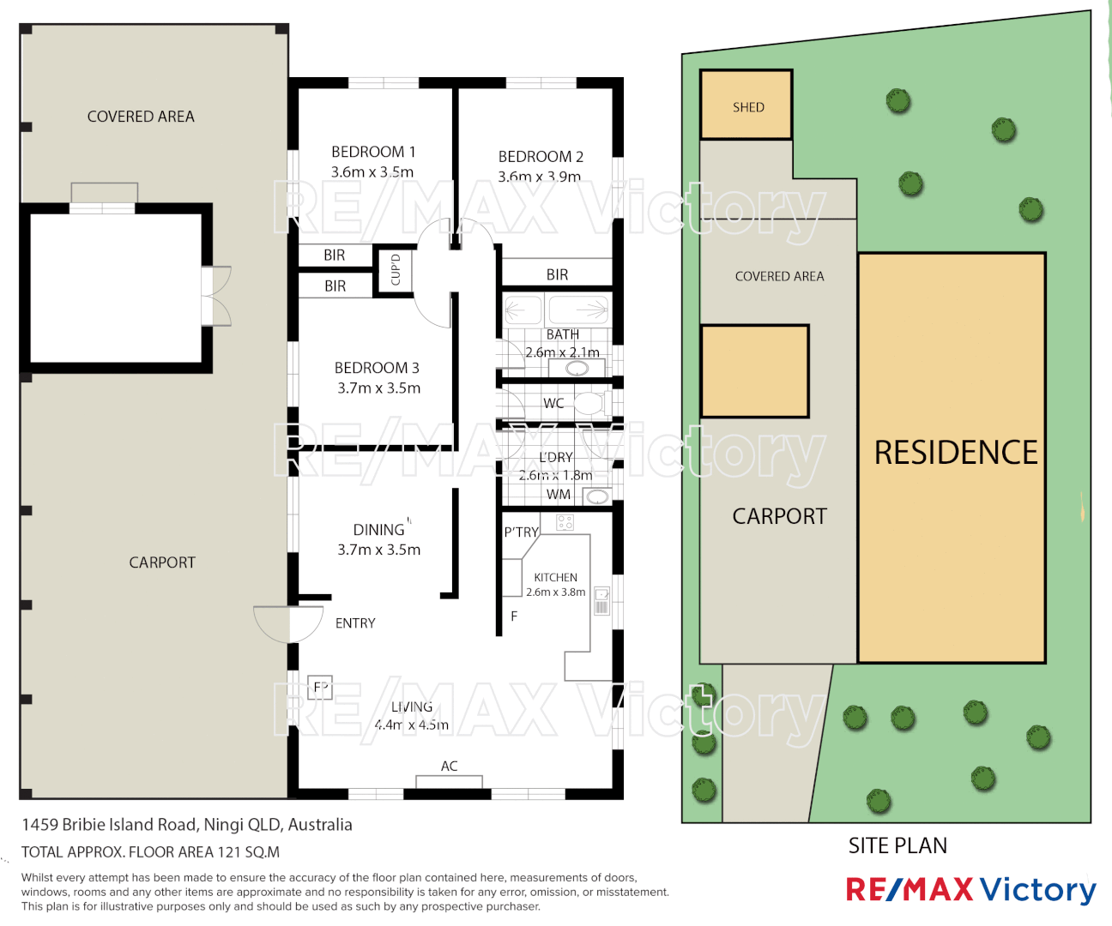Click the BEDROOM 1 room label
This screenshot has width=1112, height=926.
point(373,152)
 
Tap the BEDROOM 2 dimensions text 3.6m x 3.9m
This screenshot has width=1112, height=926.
point(540,177)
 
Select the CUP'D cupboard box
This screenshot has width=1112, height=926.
point(396,270)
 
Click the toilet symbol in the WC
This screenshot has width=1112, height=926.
point(590,402)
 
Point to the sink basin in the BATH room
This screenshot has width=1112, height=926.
point(577,369)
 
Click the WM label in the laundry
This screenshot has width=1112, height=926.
point(559,495)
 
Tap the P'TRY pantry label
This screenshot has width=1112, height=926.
point(521,532)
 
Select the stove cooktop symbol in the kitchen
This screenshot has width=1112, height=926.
point(565,522)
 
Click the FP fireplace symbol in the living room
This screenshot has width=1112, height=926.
point(320,687)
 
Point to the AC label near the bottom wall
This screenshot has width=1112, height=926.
point(450,766)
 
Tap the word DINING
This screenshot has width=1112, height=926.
point(378,530)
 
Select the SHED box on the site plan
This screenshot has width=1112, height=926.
point(746,105)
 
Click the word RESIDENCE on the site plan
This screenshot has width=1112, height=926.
point(955,453)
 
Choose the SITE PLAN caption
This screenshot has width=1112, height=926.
point(897,845)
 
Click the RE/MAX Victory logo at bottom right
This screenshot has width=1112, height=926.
point(970,890)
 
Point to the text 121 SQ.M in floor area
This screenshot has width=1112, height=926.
point(249,852)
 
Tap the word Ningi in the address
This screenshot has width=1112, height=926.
point(223,825)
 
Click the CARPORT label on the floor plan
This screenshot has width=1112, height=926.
point(162,562)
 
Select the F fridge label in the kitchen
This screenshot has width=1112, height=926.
point(514,616)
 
